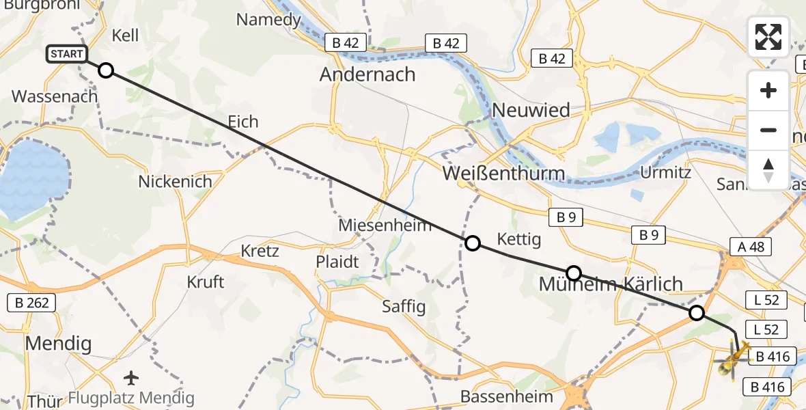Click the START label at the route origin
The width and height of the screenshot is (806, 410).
tap(67, 54)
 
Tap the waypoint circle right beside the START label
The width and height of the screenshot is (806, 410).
tap(106, 70)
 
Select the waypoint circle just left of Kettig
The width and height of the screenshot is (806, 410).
tap(472, 243)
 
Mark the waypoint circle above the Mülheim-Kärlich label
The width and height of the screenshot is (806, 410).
tap(574, 273)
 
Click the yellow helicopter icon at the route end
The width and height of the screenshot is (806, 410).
tap(732, 357)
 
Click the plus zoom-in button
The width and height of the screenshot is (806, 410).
tap(768, 90)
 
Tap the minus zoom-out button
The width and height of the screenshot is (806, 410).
tap(768, 130)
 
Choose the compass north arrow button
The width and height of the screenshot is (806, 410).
tap(768, 169)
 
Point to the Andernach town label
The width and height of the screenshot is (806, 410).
tap(367, 74)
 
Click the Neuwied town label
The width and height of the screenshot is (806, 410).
tap(531, 109)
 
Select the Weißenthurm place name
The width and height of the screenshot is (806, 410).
tap(503, 173)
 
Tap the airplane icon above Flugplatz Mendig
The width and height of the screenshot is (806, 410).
tap(131, 377)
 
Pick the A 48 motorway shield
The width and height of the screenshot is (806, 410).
tap(747, 247)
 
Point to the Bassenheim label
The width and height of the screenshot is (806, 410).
tap(502, 396)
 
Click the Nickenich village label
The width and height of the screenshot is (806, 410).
tap(175, 182)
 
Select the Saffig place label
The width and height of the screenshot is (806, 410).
tap(404, 306)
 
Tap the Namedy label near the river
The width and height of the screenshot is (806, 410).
tap(268, 19)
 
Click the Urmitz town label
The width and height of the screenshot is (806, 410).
tap(665, 172)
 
